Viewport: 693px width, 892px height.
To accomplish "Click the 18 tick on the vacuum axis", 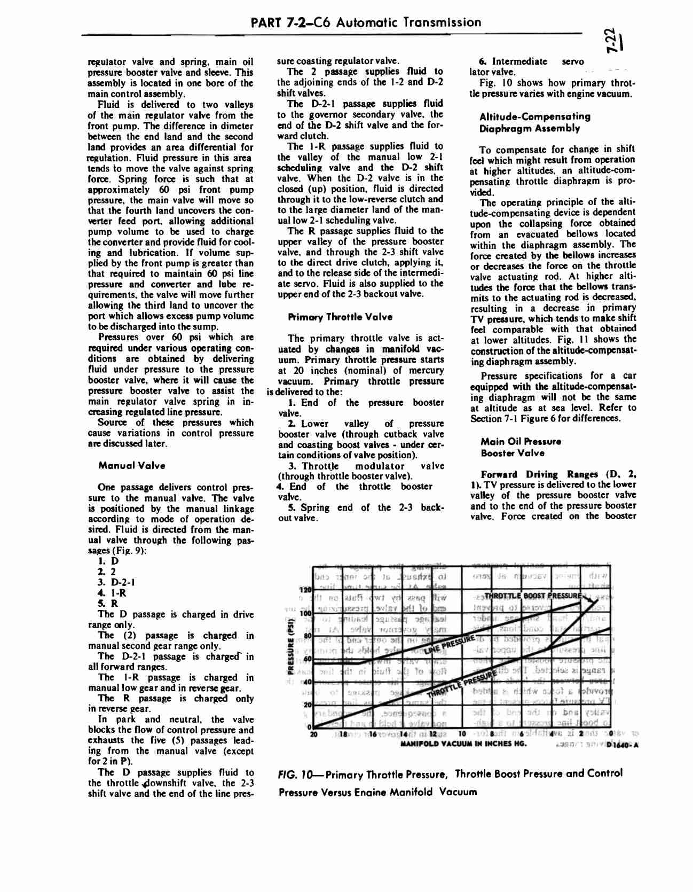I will tap(340, 734).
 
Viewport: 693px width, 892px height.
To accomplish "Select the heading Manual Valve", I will tap(132, 465).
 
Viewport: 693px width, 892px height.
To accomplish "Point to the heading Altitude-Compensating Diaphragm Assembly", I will tap(527, 122).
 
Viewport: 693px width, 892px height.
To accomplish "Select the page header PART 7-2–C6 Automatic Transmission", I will tap(365, 22).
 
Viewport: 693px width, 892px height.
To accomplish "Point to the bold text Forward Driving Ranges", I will tap(540, 474).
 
